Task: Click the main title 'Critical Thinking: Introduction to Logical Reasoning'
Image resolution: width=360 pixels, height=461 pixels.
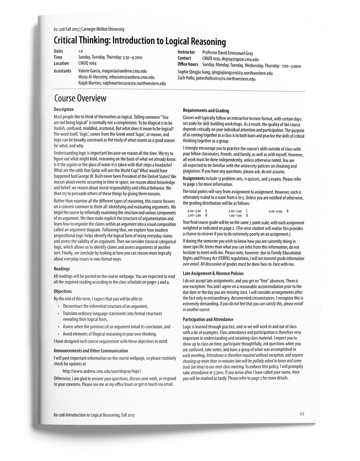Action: (140, 41)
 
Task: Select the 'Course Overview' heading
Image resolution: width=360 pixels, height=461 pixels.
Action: (80, 98)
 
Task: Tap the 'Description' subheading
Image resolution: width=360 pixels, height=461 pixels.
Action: (64, 109)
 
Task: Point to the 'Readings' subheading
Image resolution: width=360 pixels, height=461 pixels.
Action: (62, 269)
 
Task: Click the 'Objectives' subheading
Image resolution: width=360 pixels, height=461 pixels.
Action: (63, 291)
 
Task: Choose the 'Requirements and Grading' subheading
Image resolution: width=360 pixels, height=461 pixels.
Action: (206, 111)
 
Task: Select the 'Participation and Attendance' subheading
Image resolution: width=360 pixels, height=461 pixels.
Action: (208, 319)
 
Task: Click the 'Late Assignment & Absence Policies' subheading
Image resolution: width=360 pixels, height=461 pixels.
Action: (213, 274)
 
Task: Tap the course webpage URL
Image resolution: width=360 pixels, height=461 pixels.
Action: (102, 371)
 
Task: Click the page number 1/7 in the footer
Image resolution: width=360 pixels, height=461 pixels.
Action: (302, 414)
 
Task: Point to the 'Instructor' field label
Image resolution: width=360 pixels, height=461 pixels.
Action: (186, 52)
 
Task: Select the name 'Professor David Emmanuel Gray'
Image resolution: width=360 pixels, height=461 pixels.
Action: (228, 53)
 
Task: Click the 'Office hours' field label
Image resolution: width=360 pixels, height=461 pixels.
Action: (188, 64)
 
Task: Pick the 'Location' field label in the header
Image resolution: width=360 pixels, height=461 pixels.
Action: (61, 63)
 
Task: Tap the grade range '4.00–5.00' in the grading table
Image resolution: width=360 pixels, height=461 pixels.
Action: (194, 211)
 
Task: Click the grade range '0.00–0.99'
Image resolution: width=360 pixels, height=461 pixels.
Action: (275, 211)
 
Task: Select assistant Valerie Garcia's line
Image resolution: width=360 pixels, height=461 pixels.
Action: (112, 71)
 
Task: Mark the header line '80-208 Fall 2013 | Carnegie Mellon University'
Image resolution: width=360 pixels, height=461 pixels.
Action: (89, 29)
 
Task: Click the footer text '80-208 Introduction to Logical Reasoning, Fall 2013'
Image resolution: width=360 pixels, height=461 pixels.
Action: (94, 415)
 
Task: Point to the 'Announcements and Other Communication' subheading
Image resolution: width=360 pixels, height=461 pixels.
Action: (91, 351)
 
